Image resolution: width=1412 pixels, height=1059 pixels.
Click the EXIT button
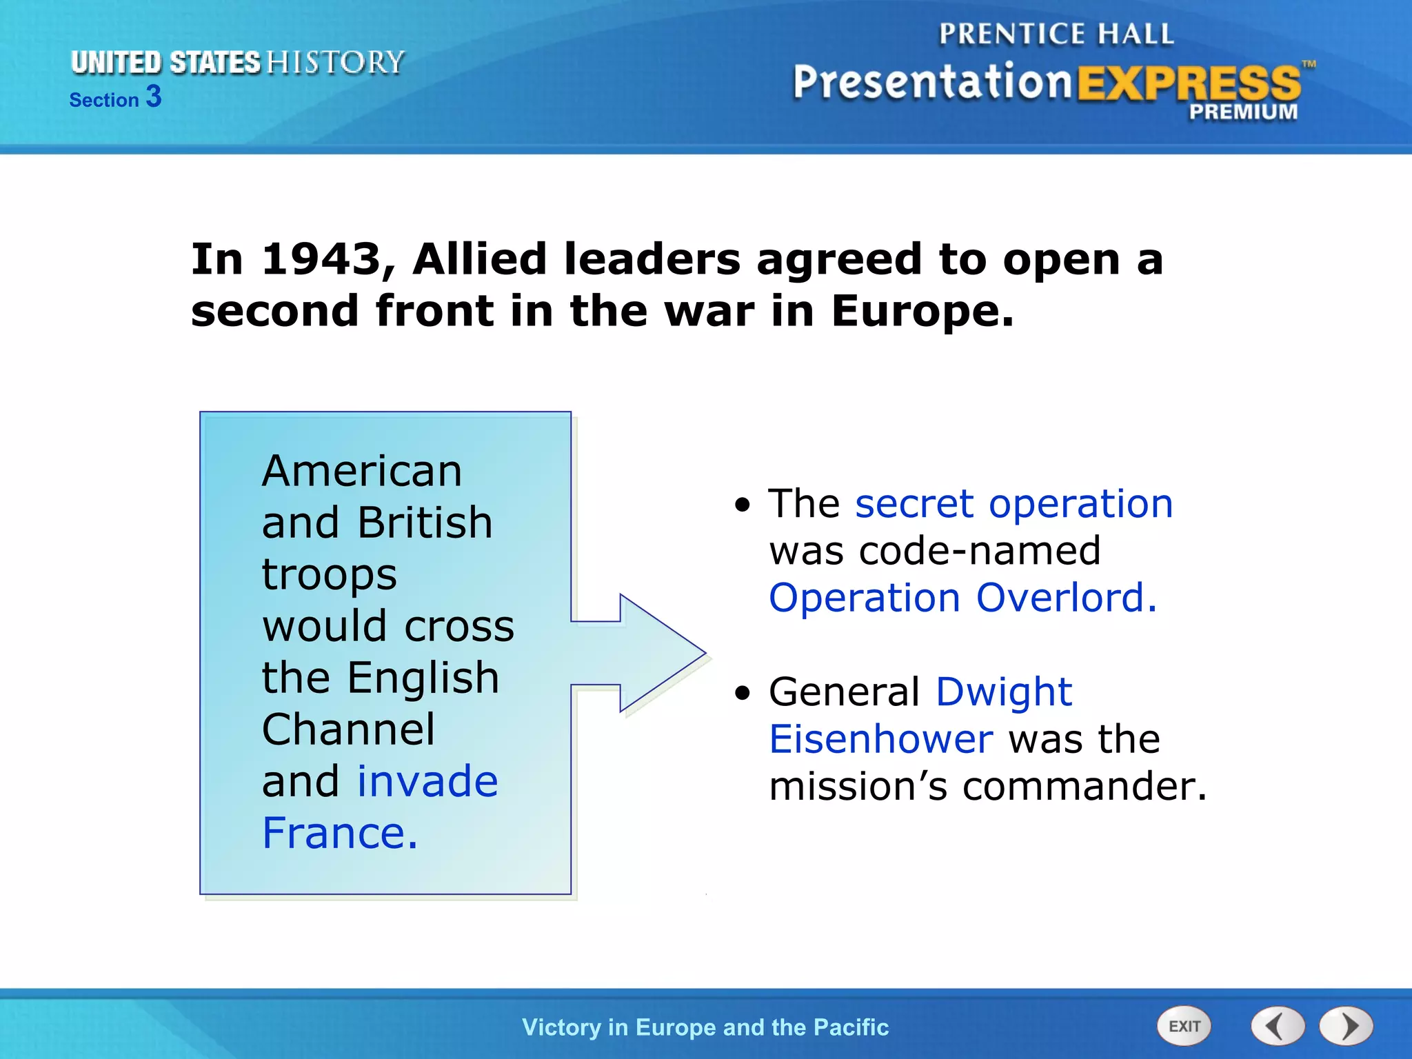(x=1184, y=1026)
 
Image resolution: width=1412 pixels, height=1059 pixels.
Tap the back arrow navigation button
(x=1278, y=1026)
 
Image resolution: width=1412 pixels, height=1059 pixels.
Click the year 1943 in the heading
(x=321, y=260)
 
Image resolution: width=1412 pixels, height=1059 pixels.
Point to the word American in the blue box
(x=362, y=472)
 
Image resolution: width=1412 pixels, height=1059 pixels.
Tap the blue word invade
(x=427, y=782)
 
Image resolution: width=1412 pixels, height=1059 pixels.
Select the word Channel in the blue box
(x=349, y=729)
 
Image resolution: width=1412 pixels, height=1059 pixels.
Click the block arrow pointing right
(x=648, y=652)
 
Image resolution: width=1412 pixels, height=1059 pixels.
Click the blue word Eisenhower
(x=881, y=739)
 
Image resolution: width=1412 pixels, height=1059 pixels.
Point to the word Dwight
(x=1004, y=692)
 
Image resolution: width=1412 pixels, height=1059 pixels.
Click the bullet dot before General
(x=743, y=693)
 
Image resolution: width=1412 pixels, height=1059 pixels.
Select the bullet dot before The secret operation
(x=743, y=505)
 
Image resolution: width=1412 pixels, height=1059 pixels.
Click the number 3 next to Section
(x=154, y=97)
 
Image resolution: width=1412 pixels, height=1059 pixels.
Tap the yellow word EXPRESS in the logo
(x=1189, y=83)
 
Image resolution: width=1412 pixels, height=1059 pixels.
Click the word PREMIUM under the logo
(x=1243, y=112)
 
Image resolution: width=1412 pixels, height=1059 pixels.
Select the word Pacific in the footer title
(x=851, y=1027)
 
